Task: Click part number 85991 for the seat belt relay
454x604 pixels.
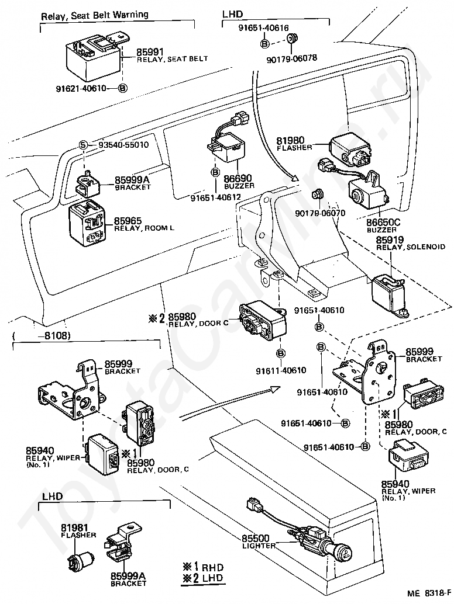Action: (150, 52)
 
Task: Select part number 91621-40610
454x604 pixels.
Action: (80, 89)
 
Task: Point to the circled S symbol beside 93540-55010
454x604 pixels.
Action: (83, 145)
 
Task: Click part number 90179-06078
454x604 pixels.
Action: (291, 58)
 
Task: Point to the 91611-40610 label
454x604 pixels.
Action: (281, 370)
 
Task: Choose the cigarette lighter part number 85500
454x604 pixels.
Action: (256, 538)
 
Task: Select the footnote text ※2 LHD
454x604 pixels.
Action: (203, 578)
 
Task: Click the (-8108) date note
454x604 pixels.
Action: (41, 335)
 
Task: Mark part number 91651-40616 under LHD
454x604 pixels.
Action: (263, 28)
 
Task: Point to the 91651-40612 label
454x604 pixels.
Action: (216, 197)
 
